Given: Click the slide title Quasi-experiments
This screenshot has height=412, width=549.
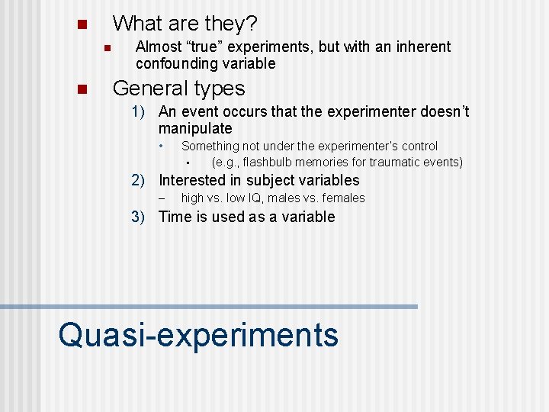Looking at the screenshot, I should (198, 334).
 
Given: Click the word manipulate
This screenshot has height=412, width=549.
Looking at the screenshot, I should (195, 129).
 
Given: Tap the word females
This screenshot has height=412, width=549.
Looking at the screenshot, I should (344, 198).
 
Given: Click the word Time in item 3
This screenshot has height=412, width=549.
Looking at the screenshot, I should (175, 217).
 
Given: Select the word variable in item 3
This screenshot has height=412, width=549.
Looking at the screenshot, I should (309, 217).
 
